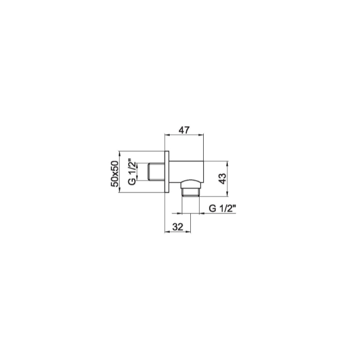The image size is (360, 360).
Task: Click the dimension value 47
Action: tap(183, 130)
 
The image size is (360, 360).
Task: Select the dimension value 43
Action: tap(222, 178)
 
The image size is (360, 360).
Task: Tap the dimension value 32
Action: tap(178, 226)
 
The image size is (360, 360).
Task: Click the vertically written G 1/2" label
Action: tap(132, 172)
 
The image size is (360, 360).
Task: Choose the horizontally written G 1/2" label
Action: tap(222, 208)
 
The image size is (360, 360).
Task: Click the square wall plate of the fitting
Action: tap(167, 172)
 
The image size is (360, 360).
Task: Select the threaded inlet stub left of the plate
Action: tap(154, 172)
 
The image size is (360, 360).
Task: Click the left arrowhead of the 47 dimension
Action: tap(166, 136)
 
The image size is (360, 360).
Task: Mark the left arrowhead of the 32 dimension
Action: tap(166, 232)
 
